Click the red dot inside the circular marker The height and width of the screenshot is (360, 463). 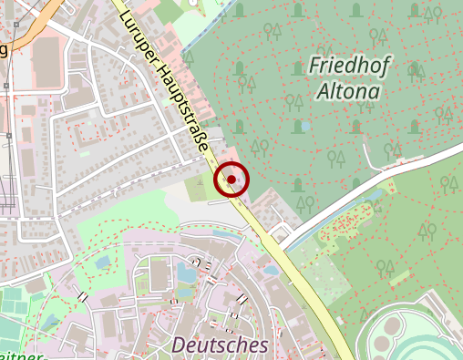click(231, 180)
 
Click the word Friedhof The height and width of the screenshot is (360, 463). click(344, 66)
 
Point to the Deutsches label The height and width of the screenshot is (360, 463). click(220, 345)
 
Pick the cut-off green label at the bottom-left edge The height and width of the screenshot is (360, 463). click(18, 355)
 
